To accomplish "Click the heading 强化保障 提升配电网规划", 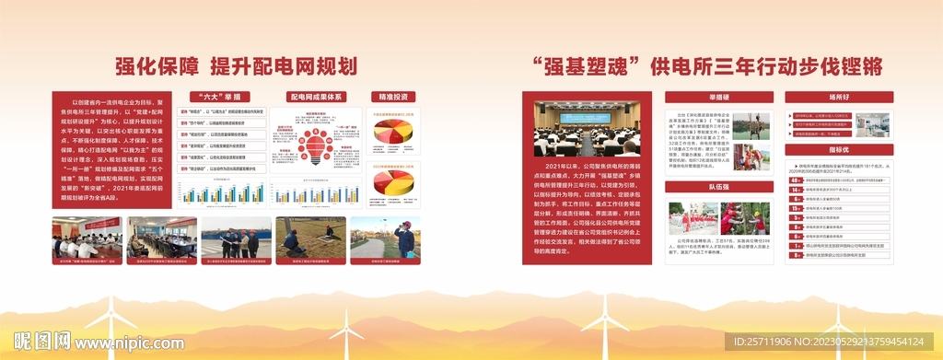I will pos(235,65).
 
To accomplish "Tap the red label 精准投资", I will pos(392,96).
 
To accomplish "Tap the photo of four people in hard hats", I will pos(236,237).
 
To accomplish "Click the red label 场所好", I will pos(838,96).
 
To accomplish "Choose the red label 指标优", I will pos(838,149).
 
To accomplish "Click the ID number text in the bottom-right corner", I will pos(834,342).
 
